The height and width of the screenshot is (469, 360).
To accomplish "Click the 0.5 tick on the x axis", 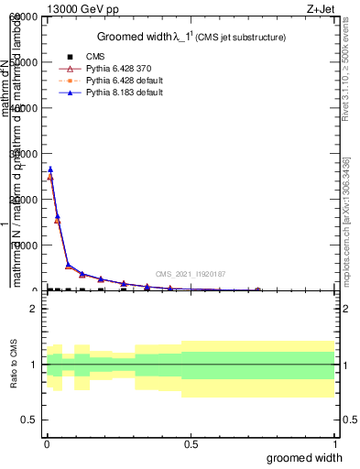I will [x=191, y=445].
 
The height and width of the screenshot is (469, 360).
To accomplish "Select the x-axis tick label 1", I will [x=334, y=445].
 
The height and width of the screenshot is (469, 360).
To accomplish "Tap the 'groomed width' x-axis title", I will [x=311, y=458].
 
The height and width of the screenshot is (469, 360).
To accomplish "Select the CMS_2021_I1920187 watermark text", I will [x=190, y=274].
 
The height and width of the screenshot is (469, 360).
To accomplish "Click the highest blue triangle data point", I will [x=50, y=169].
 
